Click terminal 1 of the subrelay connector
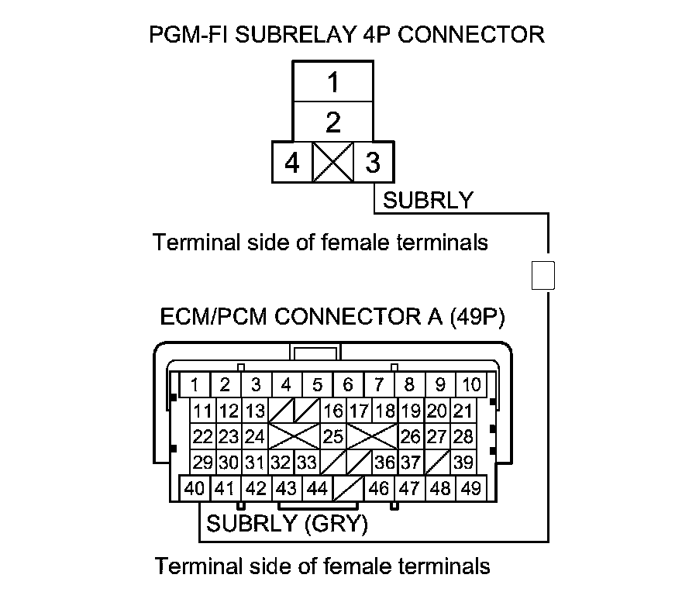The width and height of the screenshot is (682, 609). point(332,81)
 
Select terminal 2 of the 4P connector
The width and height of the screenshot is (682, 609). point(332,122)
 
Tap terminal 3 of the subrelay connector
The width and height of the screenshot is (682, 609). point(373,163)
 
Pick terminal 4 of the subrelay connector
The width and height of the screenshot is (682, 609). point(291,163)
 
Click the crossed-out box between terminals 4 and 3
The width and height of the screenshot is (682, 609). point(332,163)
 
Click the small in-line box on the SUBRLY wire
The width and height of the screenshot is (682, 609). point(543,275)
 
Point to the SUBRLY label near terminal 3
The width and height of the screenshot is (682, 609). point(428,200)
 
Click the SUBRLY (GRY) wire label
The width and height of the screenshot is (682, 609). point(286,524)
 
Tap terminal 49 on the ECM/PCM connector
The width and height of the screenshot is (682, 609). point(470,488)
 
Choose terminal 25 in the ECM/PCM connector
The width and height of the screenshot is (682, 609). point(332,436)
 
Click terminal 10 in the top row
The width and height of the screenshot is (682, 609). point(470,384)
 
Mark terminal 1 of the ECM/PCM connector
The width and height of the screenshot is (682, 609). point(195,384)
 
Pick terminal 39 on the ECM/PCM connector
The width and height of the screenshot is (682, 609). point(463,463)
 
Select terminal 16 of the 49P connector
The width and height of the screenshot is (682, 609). point(333,411)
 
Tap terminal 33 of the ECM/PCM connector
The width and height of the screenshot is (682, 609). point(307,463)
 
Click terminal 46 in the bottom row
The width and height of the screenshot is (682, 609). point(379,488)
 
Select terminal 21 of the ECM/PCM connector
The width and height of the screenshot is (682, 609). point(463,411)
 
